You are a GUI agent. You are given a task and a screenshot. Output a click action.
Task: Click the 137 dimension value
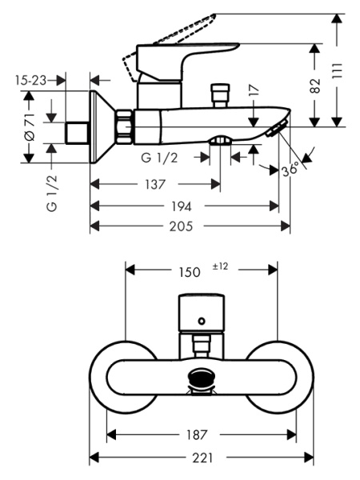(155, 184)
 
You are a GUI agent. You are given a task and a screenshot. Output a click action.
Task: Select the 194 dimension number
(182, 206)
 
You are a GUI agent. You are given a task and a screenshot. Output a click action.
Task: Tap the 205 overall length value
(182, 226)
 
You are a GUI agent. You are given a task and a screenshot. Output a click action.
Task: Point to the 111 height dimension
(337, 72)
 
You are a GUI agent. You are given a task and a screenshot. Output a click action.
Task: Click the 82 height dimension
(314, 86)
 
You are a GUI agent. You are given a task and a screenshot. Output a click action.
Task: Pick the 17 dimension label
(254, 90)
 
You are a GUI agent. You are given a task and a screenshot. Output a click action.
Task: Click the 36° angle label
(290, 170)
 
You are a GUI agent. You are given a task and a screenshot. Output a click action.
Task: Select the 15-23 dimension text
(31, 81)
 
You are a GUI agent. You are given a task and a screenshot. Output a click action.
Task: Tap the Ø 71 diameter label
(30, 126)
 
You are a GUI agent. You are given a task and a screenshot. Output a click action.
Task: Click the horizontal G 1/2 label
(159, 158)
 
